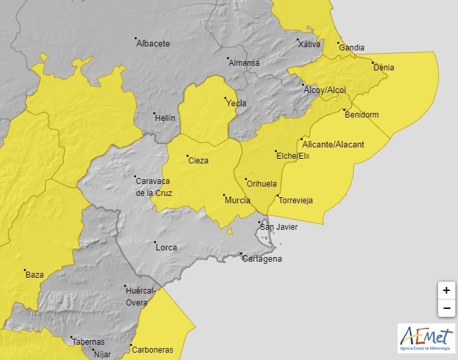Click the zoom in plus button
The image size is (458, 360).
(447, 291)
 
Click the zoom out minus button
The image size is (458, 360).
(447, 308)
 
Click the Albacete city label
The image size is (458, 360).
(153, 44)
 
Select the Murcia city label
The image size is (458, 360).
(237, 200)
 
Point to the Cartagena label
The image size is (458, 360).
(262, 258)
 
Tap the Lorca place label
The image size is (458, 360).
(166, 248)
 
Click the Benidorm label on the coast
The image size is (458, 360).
(362, 115)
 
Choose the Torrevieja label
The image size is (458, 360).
(295, 201)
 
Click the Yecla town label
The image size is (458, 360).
(236, 103)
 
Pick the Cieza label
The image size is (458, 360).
(198, 160)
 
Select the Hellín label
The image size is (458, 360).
(165, 118)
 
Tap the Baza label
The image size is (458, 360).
(34, 274)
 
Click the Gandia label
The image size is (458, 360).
(351, 48)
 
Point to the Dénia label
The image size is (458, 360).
(384, 67)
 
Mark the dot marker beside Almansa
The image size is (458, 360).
(227, 58)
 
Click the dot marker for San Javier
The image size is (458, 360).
(261, 223)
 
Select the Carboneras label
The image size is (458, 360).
(152, 350)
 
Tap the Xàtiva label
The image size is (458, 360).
(309, 44)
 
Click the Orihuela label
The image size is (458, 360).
(262, 184)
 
